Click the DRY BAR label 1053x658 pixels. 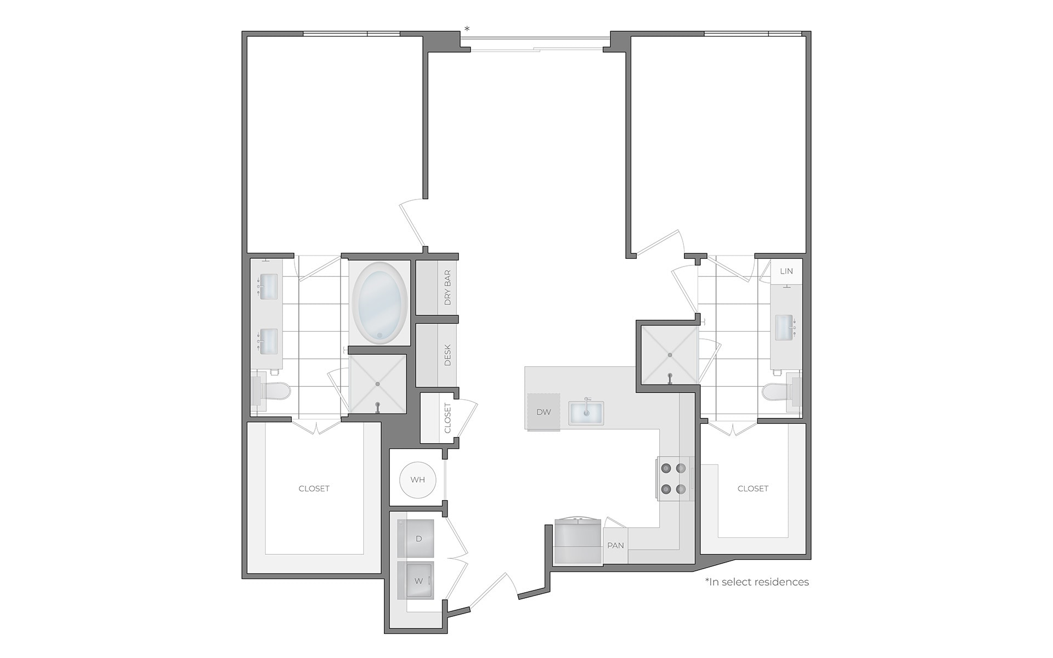(x=448, y=287)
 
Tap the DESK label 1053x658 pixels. (x=448, y=355)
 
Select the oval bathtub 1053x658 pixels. (x=380, y=303)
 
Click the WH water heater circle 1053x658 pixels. (x=417, y=480)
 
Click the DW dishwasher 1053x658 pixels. (x=543, y=412)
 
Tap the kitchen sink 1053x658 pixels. (x=586, y=412)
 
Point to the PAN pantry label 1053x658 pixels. (x=615, y=546)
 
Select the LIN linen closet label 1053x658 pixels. (x=786, y=271)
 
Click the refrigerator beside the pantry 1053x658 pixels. (x=578, y=542)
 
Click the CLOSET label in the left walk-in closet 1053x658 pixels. (x=314, y=489)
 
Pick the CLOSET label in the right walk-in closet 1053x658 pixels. (x=752, y=489)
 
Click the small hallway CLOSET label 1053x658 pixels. (x=448, y=418)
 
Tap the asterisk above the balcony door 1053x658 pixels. (x=467, y=29)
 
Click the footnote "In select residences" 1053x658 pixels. (x=757, y=582)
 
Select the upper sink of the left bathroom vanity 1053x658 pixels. (x=268, y=287)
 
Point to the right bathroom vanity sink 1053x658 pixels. (x=784, y=327)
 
